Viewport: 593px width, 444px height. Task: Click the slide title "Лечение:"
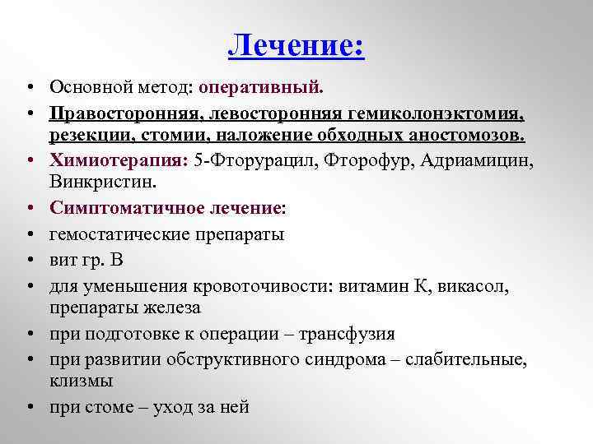(x=296, y=44)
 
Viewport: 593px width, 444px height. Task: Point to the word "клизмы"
(x=82, y=381)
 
